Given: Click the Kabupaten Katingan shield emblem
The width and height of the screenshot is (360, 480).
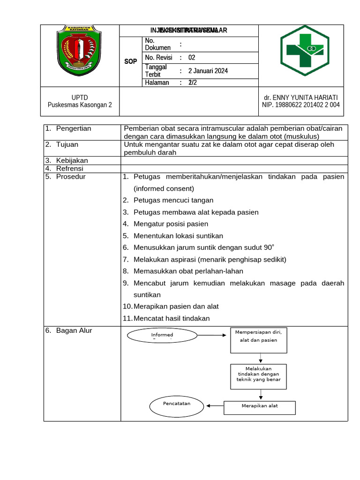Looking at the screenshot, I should tap(79, 49).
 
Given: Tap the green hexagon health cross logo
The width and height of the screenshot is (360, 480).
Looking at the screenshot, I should tap(304, 50).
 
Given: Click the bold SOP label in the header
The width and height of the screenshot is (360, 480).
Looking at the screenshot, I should tap(131, 62).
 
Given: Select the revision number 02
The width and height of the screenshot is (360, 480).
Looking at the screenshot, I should tap(192, 58).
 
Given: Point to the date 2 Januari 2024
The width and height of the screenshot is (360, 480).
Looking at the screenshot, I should tap(208, 71).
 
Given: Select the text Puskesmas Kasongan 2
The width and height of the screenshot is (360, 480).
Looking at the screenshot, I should tap(80, 105).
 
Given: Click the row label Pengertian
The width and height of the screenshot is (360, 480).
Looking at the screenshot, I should tap(74, 128).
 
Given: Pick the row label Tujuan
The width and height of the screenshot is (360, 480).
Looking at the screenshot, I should tap(67, 144).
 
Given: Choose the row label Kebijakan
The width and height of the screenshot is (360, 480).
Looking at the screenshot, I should tap(72, 160).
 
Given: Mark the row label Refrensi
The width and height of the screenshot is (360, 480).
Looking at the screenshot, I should tap(70, 168).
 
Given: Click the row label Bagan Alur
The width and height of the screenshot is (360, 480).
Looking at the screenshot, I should tap(74, 330).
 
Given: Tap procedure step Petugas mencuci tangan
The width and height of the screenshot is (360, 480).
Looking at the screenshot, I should tap(173, 200).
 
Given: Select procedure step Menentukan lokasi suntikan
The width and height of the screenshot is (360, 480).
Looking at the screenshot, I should tap(178, 236).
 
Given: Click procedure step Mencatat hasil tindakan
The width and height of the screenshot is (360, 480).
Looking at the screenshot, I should tap(172, 318).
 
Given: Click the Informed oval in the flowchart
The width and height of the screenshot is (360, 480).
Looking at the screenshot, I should tap(162, 336).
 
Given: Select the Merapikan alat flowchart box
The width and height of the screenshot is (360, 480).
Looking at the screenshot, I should tap(260, 407).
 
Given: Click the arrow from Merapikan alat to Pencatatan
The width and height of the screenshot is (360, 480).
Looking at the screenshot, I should tap(216, 406).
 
